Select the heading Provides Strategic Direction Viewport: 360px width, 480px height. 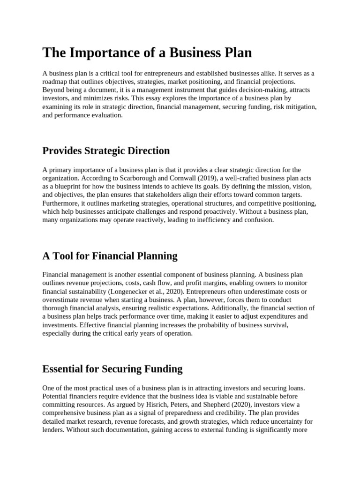tap(106, 151)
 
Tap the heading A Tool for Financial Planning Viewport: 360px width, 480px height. tap(110, 256)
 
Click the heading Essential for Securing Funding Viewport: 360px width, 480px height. tap(112, 369)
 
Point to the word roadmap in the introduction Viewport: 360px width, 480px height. tap(55, 82)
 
